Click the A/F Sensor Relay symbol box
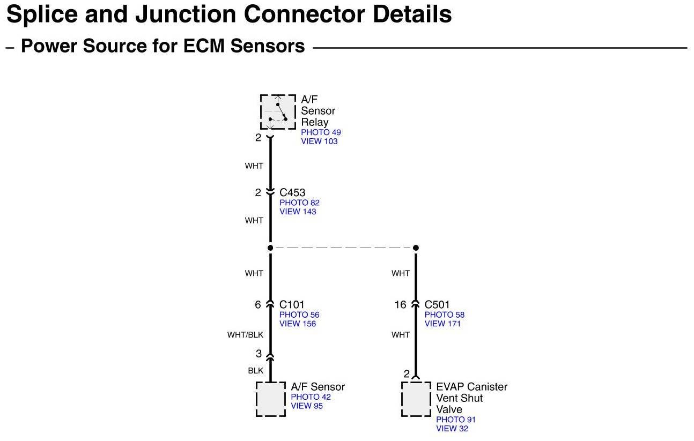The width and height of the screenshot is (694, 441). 278,111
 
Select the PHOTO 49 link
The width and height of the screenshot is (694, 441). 321,132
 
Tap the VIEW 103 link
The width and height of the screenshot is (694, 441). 319,141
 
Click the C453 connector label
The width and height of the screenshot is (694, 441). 292,192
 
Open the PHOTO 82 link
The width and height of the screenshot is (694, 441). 299,203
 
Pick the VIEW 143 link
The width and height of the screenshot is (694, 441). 298,212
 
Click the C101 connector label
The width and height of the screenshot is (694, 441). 292,305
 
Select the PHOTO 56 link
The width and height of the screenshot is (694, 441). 299,315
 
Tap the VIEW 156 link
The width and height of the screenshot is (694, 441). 298,324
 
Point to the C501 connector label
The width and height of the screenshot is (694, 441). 437,305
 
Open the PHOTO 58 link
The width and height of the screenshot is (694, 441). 445,315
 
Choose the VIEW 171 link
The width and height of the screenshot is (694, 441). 442,324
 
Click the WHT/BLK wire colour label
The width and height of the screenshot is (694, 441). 245,335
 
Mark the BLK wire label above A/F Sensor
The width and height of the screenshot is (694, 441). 255,370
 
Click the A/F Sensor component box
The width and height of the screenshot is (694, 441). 271,399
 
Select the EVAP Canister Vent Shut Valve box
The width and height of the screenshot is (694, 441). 416,399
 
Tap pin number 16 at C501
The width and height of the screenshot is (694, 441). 401,305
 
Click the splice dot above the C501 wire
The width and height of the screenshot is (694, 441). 416,248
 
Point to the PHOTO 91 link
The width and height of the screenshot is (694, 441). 456,420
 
